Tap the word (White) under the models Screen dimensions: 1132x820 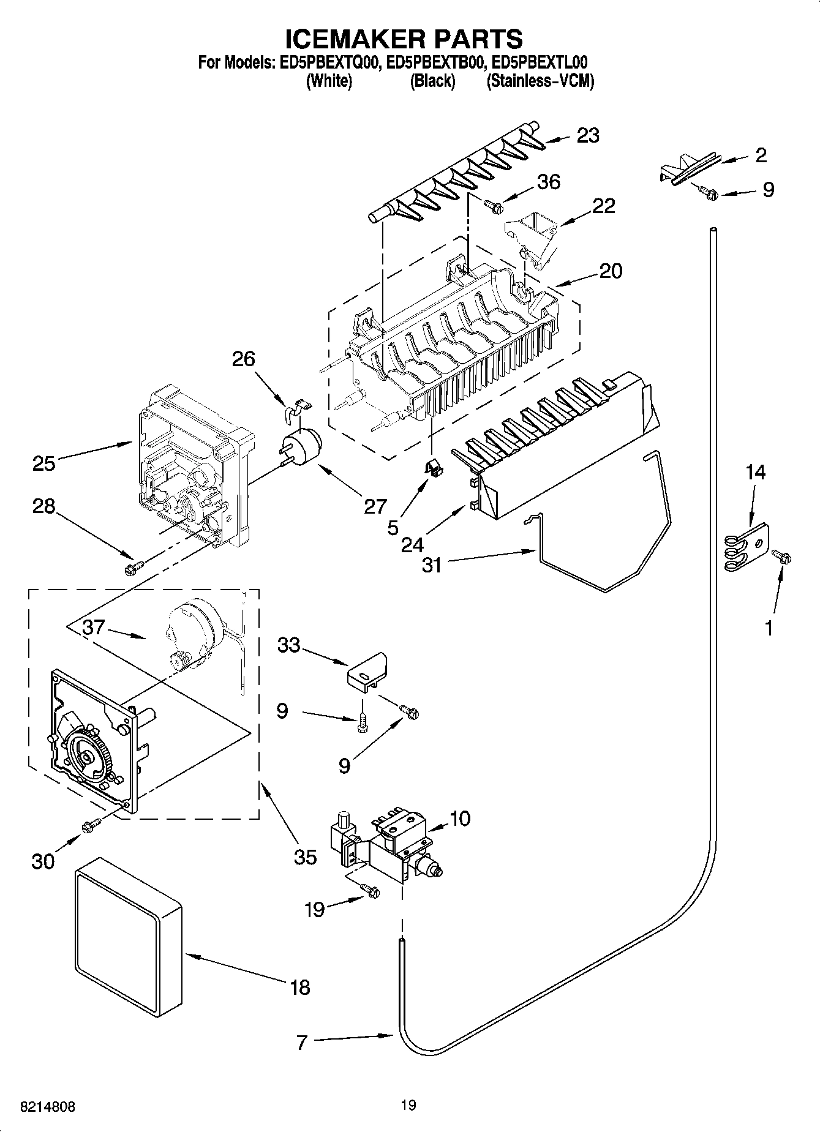328,81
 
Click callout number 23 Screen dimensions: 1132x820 588,135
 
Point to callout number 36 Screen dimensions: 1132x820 548,182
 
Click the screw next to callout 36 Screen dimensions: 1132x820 493,206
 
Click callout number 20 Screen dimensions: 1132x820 610,271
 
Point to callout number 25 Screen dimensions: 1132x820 44,463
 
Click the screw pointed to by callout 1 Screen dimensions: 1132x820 781,557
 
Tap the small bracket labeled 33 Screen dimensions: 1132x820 367,670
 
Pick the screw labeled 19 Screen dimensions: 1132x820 371,891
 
